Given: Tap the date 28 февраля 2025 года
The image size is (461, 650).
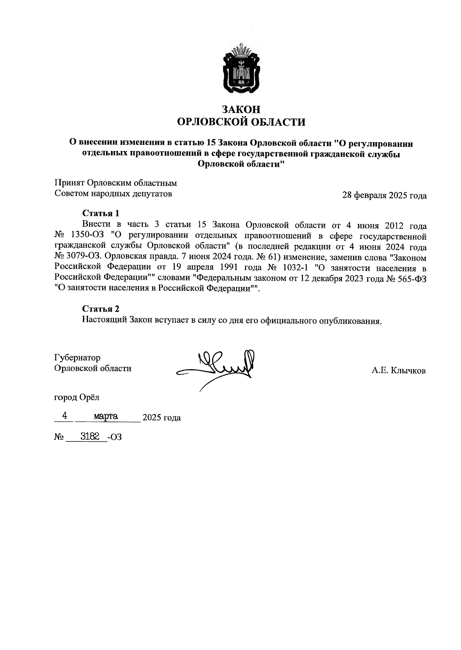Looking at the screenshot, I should point(384,196).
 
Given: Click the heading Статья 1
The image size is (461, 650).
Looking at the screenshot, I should point(101,213).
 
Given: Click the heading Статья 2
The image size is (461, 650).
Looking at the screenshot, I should point(101,309).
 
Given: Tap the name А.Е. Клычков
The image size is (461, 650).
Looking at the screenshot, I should point(398,371).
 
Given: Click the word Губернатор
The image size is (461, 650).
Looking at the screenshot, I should point(78,358).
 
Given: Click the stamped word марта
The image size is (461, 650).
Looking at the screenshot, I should point(106,416).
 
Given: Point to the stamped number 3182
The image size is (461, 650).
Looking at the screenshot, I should point(90,436).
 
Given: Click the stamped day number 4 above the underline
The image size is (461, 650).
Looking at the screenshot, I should point(65,416).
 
